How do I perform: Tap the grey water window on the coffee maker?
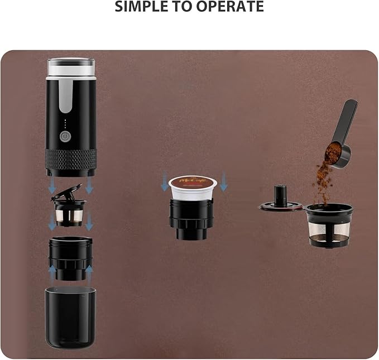pos(65,98)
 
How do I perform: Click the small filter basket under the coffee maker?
pos(69,213)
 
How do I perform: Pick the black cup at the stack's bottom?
pos(70,316)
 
